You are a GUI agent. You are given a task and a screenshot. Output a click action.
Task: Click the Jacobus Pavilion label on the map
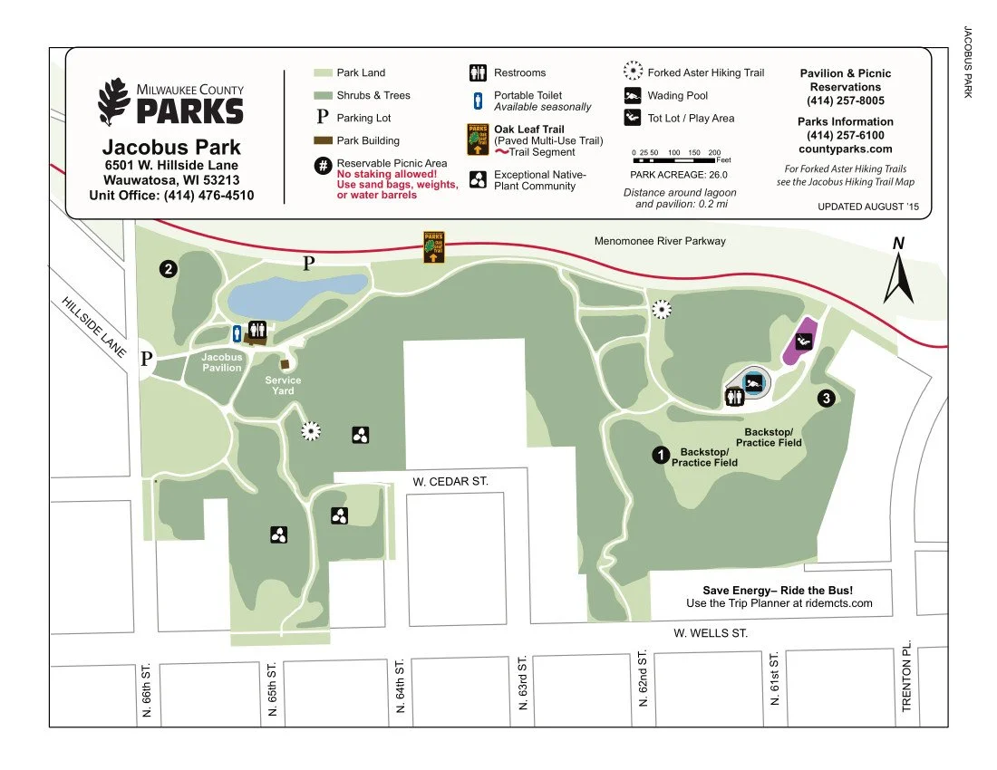[222, 362]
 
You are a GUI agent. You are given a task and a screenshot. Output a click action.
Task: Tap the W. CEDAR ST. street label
[450, 481]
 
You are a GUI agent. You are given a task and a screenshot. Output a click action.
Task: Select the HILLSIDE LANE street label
[94, 326]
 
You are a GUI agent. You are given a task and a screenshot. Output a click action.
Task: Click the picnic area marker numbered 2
[168, 268]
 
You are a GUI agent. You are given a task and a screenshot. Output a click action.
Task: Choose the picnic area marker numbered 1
[661, 455]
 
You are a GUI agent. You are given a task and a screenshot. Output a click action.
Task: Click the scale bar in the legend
[676, 159]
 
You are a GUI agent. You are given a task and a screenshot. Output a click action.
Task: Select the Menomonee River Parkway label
[660, 241]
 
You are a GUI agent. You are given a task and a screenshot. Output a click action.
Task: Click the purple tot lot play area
[802, 342]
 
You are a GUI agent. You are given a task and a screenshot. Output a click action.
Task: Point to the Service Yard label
[283, 385]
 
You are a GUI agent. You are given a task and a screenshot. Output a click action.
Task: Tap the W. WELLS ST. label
[711, 633]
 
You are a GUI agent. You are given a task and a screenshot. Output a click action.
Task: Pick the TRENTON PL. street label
[906, 679]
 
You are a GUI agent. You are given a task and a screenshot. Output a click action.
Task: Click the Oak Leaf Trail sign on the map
[433, 247]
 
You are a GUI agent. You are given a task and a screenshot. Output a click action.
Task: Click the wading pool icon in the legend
[633, 95]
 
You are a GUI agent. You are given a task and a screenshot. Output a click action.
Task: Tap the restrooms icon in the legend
[478, 72]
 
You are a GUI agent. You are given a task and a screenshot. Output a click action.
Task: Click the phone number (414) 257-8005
[845, 101]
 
